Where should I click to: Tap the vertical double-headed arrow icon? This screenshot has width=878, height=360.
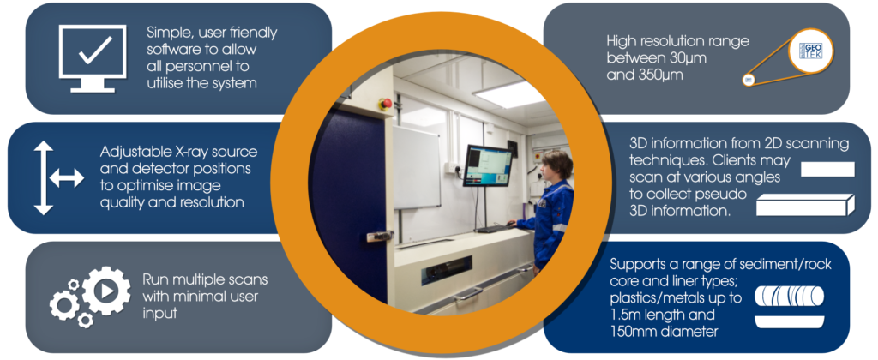tap(43, 178)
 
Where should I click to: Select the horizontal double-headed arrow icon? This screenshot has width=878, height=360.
tap(67, 178)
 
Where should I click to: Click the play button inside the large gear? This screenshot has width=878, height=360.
tap(107, 291)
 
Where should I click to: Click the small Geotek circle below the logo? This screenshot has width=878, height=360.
tap(748, 80)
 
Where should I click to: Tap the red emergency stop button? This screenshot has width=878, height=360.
tap(385, 103)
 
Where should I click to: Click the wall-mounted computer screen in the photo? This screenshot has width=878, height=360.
tap(488, 165)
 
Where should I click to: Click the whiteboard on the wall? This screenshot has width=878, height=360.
tap(416, 167)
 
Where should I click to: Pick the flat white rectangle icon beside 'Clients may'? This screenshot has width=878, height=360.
tap(827, 169)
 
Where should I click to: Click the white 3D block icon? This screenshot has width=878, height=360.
tap(805, 205)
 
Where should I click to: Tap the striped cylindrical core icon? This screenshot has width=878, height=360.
tap(790, 297)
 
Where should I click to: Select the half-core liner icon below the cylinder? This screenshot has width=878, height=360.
tap(790, 322)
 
